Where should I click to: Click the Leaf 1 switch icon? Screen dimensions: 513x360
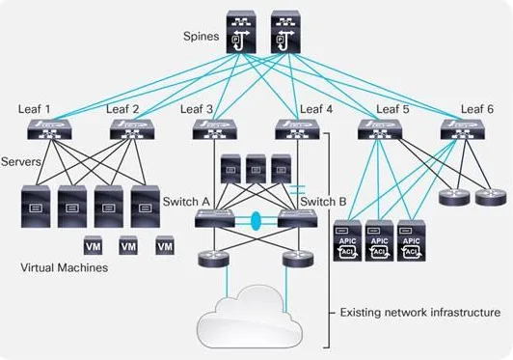click(49, 129)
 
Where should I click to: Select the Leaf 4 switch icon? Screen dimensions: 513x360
click(297, 129)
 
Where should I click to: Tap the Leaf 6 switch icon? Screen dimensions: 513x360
click(463, 129)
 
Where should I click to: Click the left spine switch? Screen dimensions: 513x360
click(241, 32)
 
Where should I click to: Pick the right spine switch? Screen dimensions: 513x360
click(285, 32)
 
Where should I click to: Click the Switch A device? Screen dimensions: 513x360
click(215, 218)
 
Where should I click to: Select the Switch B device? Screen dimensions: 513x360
click(297, 218)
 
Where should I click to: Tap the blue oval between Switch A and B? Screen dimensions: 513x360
click(256, 220)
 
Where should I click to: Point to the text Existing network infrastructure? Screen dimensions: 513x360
click(420, 312)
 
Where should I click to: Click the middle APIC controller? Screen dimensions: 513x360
click(379, 240)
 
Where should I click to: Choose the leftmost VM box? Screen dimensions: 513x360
click(93, 245)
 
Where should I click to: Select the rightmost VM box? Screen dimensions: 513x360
click(165, 245)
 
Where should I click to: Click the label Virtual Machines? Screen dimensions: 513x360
click(64, 267)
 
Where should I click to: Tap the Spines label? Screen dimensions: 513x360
click(201, 36)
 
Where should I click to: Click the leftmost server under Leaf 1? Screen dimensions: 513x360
click(36, 207)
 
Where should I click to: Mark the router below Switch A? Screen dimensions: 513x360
click(214, 259)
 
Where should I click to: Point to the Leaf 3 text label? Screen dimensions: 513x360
click(197, 109)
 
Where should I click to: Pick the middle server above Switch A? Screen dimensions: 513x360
click(256, 169)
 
